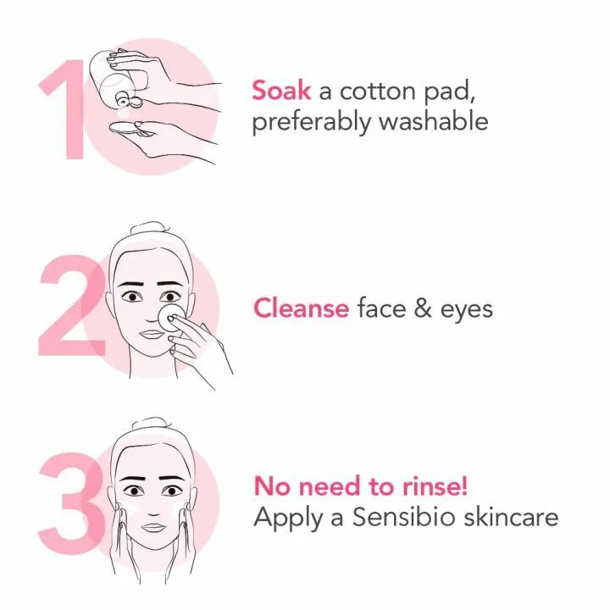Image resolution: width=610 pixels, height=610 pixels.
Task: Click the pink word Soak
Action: tap(281, 89)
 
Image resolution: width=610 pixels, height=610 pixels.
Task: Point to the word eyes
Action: tap(466, 309)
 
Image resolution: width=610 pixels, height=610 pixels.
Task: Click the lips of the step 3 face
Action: tap(152, 526)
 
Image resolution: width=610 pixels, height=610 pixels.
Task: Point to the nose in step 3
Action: tap(152, 507)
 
